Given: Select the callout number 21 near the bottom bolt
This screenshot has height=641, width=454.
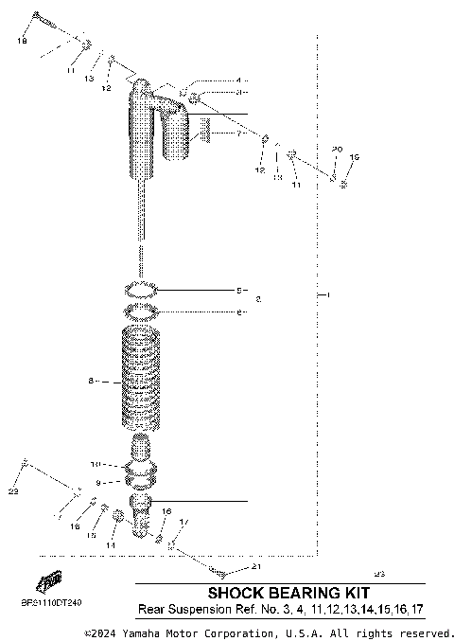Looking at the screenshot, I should pyautogui.click(x=254, y=568).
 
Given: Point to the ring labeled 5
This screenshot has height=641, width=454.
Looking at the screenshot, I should pyautogui.click(x=141, y=288).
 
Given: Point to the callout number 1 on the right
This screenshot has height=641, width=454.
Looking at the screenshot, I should pyautogui.click(x=327, y=295).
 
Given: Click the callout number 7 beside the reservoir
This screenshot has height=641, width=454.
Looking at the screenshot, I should pyautogui.click(x=239, y=134).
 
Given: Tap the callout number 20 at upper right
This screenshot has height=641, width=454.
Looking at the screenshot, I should pyautogui.click(x=336, y=151).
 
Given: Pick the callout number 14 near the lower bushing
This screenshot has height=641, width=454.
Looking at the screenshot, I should pyautogui.click(x=110, y=545).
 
